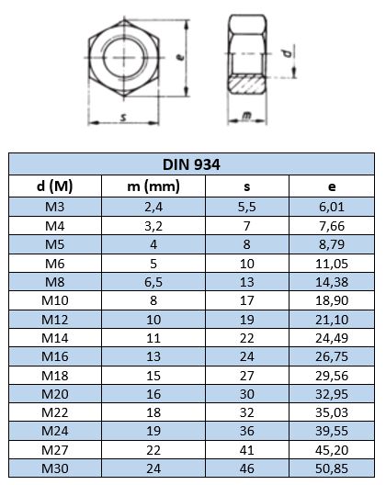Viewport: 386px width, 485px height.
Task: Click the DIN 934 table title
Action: [x=191, y=164]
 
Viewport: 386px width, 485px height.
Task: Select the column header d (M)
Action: [x=55, y=186]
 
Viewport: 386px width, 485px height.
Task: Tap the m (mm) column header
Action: [x=153, y=186]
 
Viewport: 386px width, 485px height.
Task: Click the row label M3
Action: [x=55, y=207]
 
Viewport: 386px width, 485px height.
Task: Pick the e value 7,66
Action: [x=332, y=226]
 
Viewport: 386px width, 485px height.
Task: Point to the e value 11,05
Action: [x=332, y=264]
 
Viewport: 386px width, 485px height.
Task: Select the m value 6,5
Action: [x=153, y=282]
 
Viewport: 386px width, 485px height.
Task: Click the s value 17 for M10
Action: [x=246, y=300]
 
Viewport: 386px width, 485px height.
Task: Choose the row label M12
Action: [x=55, y=320]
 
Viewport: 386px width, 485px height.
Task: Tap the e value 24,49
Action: [x=332, y=338]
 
